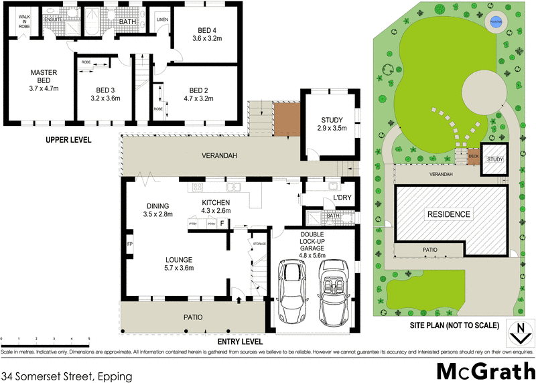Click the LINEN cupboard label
click(x=162, y=19)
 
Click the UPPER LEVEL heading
click(x=68, y=140)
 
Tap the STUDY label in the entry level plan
click(x=332, y=120)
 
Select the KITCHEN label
click(x=216, y=202)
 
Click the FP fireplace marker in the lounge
click(x=129, y=244)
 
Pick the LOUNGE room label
click(x=179, y=259)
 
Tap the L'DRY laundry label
click(x=342, y=200)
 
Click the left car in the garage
click(x=293, y=291)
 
